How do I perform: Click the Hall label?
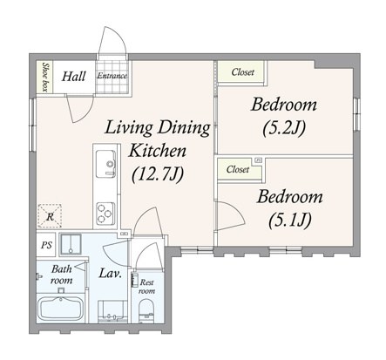pyautogui.click(x=74, y=77)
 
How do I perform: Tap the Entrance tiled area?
pyautogui.click(x=112, y=77)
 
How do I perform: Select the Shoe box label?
pyautogui.click(x=45, y=77)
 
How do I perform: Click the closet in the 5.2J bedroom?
pyautogui.click(x=241, y=71)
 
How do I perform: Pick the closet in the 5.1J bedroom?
pyautogui.click(x=238, y=169)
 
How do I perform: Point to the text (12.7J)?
pyautogui.click(x=158, y=174)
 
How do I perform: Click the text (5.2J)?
pyautogui.click(x=284, y=128)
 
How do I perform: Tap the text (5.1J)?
pyautogui.click(x=290, y=221)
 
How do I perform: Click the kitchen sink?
pyautogui.click(x=105, y=164)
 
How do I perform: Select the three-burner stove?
pyautogui.click(x=105, y=214)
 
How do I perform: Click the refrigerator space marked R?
pyautogui.click(x=50, y=216)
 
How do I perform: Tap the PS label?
pyautogui.click(x=46, y=245)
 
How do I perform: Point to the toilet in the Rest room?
pyautogui.click(x=146, y=310)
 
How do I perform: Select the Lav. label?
pyautogui.click(x=111, y=274)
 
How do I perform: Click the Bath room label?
pyautogui.click(x=62, y=275)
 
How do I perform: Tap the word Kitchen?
pyautogui.click(x=158, y=151)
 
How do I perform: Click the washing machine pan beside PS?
pyautogui.click(x=71, y=245)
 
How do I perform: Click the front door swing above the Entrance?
pyautogui.click(x=112, y=42)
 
